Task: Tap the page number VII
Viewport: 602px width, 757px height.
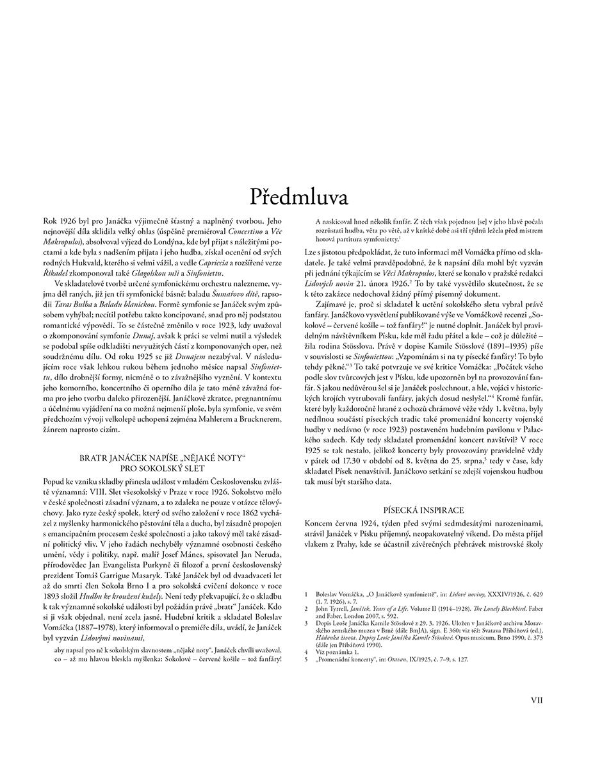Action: pos(537,701)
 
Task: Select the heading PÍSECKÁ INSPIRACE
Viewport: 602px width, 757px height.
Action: pos(423,510)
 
